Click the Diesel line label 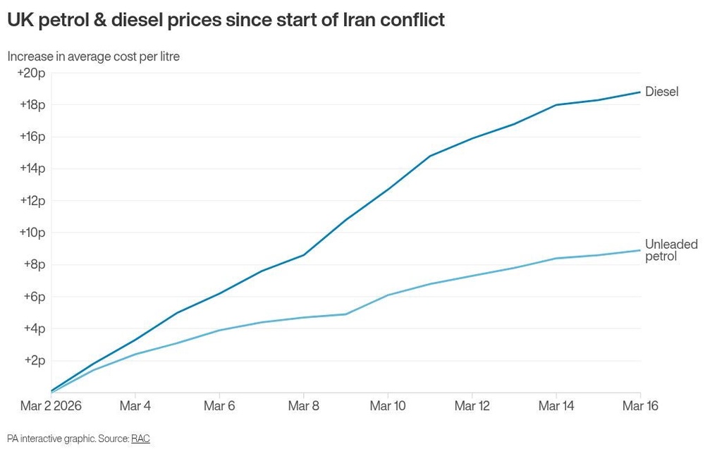[661, 92]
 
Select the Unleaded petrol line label [671, 250]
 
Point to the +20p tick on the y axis [32, 73]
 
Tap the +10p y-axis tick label [32, 233]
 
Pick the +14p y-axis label [32, 168]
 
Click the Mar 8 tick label [303, 407]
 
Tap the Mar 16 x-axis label [639, 407]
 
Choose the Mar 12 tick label [472, 407]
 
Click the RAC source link [140, 438]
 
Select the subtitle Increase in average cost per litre [93, 56]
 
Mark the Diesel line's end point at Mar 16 [640, 92]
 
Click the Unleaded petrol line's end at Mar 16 [640, 250]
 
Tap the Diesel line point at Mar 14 [556, 105]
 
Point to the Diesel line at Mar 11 [430, 156]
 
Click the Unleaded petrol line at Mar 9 [345, 314]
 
